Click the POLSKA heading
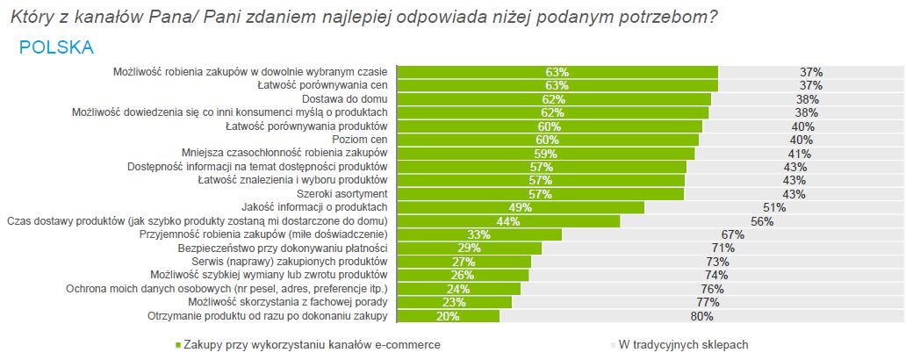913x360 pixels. coord(56,47)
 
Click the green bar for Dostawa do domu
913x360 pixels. coord(553,99)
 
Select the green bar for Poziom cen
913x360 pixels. coord(548,140)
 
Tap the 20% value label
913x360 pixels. coord(449,315)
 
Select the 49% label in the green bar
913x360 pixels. coord(521,207)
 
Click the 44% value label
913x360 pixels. coord(508,221)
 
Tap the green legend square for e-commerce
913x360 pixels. coord(178,345)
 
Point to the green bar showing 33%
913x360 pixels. coord(479,234)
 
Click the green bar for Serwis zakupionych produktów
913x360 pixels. coord(464,262)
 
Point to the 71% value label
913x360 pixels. coord(723,248)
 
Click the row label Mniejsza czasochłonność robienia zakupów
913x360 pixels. coord(284,153)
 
